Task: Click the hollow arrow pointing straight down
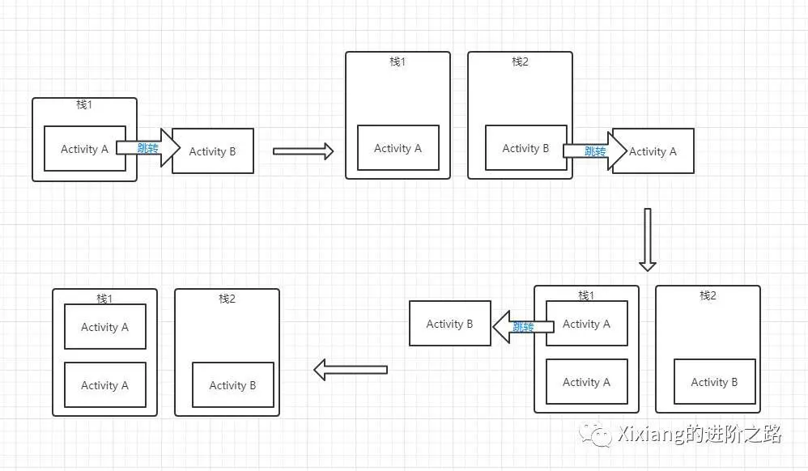coord(647,239)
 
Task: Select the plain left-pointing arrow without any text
coord(350,370)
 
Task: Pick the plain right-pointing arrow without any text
coord(303,151)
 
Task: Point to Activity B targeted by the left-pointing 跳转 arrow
coord(449,324)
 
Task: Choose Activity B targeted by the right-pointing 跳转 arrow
coord(213,151)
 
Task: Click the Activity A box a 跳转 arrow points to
coord(653,151)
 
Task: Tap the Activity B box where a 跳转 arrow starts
coord(525,148)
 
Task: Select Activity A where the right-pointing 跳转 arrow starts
coord(84,149)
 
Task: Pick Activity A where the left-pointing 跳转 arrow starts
coord(586,324)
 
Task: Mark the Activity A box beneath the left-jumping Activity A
coord(586,382)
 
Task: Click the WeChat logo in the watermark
coord(600,435)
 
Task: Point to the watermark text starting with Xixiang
coord(698,435)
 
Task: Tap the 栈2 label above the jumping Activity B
coord(520,62)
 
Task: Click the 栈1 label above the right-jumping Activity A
coord(84,105)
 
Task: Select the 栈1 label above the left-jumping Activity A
coord(586,295)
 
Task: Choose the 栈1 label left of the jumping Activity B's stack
coord(398,62)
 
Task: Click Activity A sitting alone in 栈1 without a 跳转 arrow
coord(398,148)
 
